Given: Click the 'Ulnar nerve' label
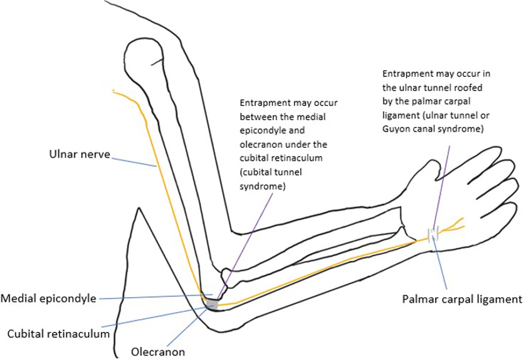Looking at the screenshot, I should pos(79,154).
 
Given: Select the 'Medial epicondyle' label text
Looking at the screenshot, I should pos(48,299).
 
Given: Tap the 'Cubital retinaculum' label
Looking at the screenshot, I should pos(58,334).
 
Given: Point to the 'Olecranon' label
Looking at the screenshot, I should pos(158,352).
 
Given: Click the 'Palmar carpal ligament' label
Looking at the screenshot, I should pos(462,299).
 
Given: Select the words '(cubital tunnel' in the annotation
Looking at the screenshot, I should pos(271,172).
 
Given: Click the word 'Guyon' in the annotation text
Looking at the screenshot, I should pos(397,129).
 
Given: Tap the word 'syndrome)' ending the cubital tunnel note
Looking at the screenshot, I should pos(262,186).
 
